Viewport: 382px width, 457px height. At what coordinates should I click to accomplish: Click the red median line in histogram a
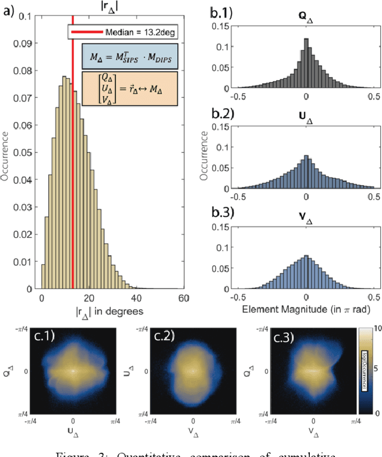pos(72,179)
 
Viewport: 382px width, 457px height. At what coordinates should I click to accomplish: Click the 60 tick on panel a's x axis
pos(183,297)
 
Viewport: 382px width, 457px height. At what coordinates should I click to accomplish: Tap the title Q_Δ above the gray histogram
pos(306,19)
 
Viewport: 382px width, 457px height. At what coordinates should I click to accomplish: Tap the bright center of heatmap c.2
pos(192,371)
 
